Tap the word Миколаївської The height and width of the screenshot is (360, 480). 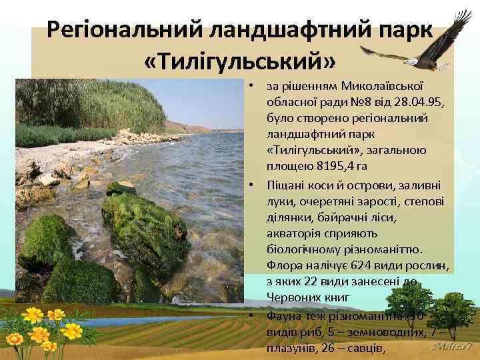(x=380, y=85)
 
